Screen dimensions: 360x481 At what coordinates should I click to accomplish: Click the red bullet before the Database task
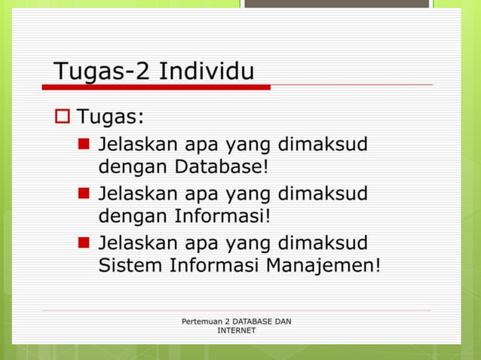tap(84, 142)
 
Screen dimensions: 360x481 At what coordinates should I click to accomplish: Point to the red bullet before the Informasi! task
tap(84, 193)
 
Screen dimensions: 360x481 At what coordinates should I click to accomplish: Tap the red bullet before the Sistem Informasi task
tap(84, 243)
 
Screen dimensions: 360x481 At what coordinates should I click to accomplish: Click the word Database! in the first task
tap(222, 165)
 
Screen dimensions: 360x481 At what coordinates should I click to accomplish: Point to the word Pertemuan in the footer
tap(203, 322)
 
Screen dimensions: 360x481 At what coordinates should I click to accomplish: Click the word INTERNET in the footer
tap(236, 331)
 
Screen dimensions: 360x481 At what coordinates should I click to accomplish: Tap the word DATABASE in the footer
tap(250, 322)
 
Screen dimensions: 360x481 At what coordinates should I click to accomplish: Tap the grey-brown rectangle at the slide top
tap(336, 4)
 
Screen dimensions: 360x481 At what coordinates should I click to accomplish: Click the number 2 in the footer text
tap(228, 322)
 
